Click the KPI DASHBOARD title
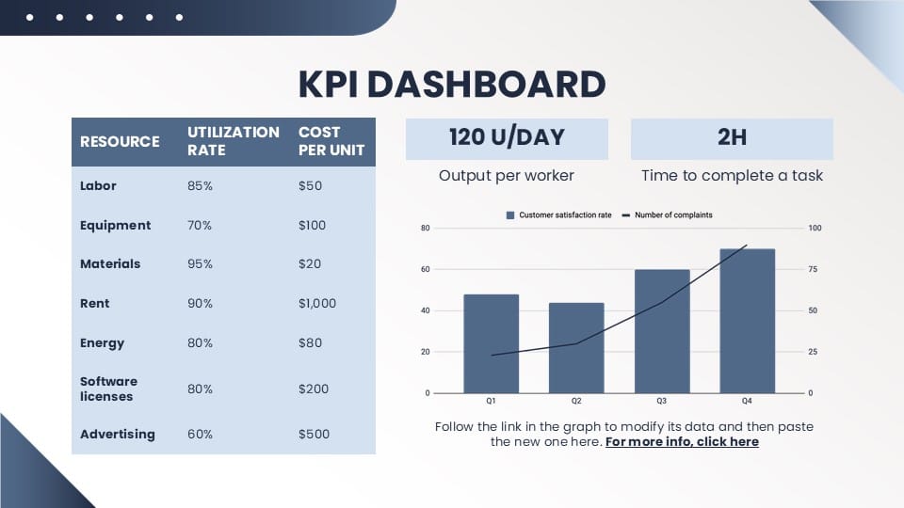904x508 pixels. [x=452, y=84]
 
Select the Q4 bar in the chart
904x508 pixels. [x=747, y=321]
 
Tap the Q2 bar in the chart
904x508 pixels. [x=576, y=348]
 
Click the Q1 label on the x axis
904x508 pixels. [x=491, y=401]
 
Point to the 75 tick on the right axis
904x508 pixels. [x=813, y=269]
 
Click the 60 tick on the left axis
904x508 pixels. [x=426, y=269]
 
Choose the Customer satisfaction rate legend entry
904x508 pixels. [x=558, y=214]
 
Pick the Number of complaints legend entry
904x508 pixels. [x=667, y=214]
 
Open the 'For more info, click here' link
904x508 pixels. [x=682, y=442]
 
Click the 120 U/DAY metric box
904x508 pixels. [x=507, y=139]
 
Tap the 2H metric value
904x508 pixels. [x=733, y=137]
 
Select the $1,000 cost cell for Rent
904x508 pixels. [x=317, y=304]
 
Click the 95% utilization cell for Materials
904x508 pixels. [x=200, y=263]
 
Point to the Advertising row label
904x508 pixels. [x=118, y=435]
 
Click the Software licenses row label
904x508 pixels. [x=108, y=389]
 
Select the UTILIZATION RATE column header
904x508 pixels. [x=234, y=141]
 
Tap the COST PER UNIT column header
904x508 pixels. [x=331, y=141]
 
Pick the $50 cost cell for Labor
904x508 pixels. [x=310, y=186]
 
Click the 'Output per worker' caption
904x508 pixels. [x=507, y=176]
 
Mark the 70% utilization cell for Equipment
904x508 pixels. [x=200, y=225]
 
